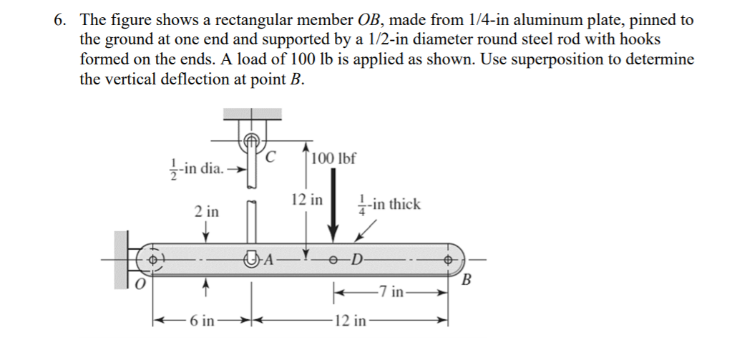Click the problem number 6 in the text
tap(59, 21)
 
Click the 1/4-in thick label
tap(390, 205)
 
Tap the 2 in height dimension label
tap(207, 212)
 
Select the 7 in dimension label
tap(394, 291)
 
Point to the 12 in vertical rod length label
tap(306, 199)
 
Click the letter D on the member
tap(358, 259)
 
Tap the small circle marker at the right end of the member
tap(449, 258)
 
